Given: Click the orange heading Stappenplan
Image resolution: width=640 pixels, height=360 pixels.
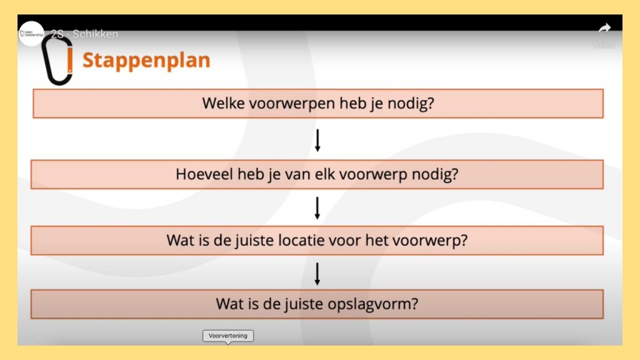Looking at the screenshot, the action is click(x=146, y=61).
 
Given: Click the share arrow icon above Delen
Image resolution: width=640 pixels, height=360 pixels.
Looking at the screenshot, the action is click(x=604, y=28).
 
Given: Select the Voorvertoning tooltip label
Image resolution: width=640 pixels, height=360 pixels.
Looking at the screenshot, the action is click(x=227, y=336).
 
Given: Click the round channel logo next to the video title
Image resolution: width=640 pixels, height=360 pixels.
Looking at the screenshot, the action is click(x=31, y=34).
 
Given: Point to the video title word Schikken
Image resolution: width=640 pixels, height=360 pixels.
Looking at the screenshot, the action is click(x=95, y=34).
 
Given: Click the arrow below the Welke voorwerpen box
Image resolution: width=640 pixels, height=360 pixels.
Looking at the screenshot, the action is click(x=317, y=140).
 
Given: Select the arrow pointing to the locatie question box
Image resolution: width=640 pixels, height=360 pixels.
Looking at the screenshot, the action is click(x=317, y=208).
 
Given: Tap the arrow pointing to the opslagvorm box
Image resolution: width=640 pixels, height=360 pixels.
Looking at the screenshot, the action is click(x=317, y=274).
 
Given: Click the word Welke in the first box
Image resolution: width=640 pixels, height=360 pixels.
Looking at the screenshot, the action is click(x=223, y=103).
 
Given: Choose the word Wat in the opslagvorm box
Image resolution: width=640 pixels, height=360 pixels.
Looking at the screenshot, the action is click(x=231, y=304).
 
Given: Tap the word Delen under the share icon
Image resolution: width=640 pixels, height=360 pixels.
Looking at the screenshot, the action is click(x=604, y=44).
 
